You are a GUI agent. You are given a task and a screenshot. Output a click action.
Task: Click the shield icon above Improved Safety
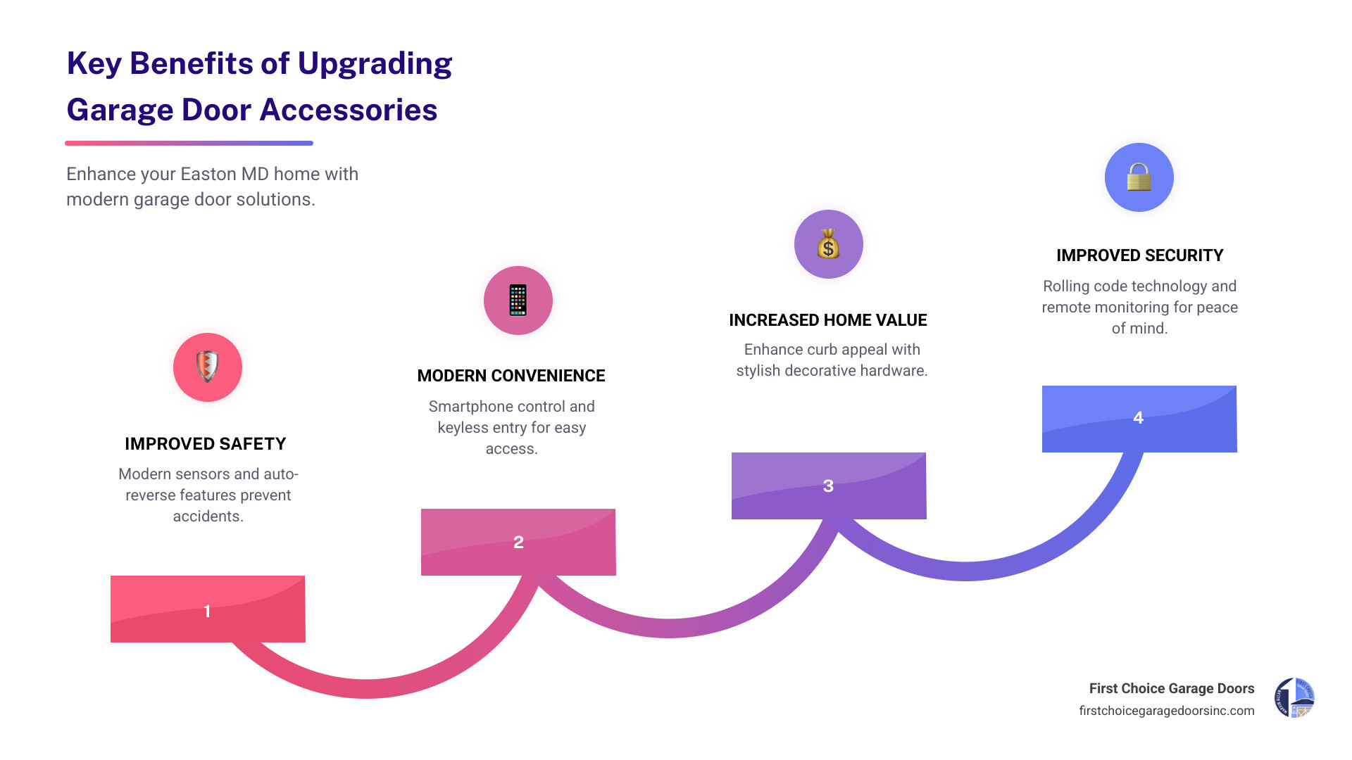coord(207,367)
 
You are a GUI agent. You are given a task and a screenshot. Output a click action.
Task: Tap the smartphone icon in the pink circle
coord(518,300)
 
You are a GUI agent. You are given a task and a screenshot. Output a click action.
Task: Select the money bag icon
coord(828,245)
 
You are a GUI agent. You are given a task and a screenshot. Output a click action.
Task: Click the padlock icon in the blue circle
coord(1139,177)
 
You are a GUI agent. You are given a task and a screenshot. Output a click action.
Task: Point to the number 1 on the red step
coord(207,611)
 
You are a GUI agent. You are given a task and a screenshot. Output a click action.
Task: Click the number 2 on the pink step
coord(518,543)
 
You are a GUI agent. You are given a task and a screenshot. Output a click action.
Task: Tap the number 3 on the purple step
coord(828,486)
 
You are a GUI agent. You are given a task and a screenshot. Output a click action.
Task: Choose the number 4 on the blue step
coord(1138,418)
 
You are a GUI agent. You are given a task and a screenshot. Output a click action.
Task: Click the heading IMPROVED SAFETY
coord(206,444)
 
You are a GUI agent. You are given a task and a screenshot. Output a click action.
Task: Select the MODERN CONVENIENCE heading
coord(511,376)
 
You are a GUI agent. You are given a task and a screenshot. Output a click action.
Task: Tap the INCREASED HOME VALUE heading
coord(828,320)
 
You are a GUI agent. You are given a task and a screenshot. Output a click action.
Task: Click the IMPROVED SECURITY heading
coord(1139,255)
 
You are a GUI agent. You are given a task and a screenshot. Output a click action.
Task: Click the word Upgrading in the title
coord(375,64)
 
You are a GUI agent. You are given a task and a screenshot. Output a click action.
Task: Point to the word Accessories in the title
coord(349,110)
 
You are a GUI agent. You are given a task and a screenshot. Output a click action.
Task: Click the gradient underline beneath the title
coord(189,143)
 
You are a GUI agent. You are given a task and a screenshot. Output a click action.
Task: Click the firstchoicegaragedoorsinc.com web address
coord(1166,711)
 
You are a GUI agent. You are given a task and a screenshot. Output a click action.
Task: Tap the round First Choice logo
coord(1294,697)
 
